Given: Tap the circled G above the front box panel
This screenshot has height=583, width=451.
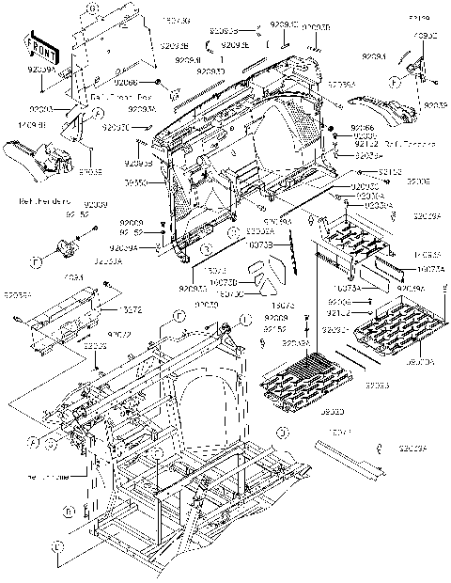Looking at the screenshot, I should [93, 8].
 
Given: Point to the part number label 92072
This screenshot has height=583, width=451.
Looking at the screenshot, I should [117, 335].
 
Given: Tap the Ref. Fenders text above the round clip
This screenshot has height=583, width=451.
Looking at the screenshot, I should [42, 202].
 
